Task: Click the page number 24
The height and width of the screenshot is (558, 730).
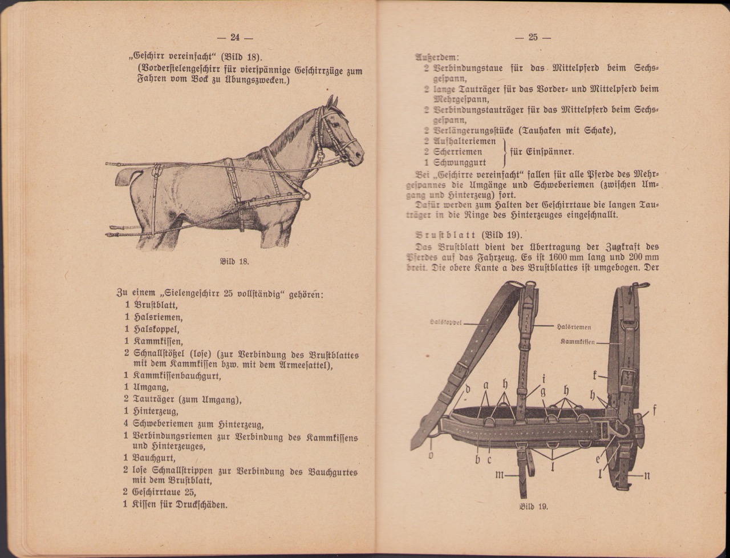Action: click(234, 38)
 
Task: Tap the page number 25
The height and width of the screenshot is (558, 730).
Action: click(533, 38)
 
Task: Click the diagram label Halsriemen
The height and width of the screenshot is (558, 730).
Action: click(573, 327)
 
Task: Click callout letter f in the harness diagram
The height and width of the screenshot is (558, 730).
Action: click(654, 409)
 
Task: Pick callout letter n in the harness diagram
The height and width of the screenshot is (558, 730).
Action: click(646, 475)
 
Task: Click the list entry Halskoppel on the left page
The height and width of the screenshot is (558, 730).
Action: click(156, 329)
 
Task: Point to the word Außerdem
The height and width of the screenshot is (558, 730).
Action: click(436, 57)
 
